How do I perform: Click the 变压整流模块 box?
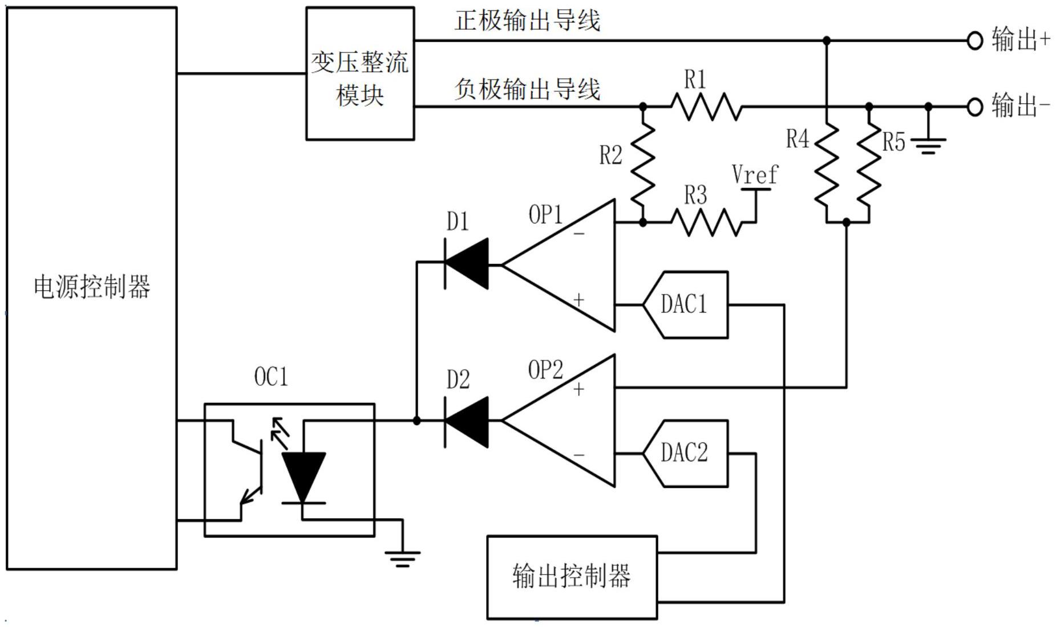pyautogui.click(x=360, y=74)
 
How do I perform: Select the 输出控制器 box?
pyautogui.click(x=572, y=577)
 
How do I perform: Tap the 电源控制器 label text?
pyautogui.click(x=92, y=287)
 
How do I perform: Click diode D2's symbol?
pyautogui.click(x=467, y=422)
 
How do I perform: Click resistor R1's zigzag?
pyautogui.click(x=706, y=107)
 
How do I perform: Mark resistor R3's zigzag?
pyautogui.click(x=706, y=222)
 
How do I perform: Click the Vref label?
pyautogui.click(x=755, y=174)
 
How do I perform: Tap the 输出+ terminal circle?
pyautogui.click(x=975, y=40)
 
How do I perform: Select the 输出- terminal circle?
pyautogui.click(x=975, y=107)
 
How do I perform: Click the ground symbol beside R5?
pyautogui.click(x=928, y=146)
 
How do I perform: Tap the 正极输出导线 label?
pyautogui.click(x=527, y=21)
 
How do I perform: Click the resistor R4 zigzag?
pyautogui.click(x=827, y=165)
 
